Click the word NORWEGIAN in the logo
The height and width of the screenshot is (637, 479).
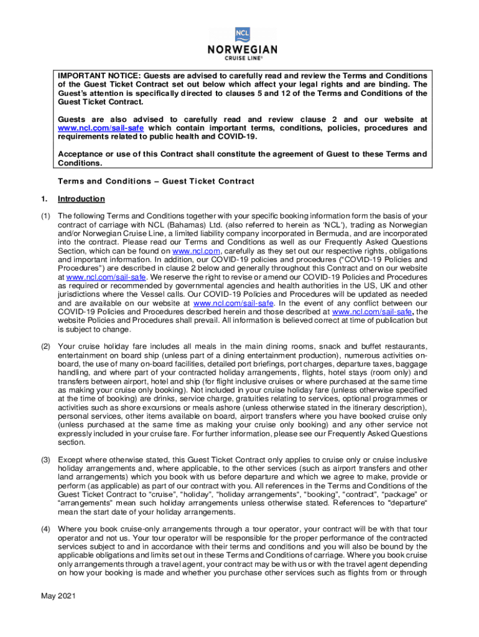coord(243,50)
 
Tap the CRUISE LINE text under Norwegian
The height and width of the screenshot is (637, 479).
coord(243,59)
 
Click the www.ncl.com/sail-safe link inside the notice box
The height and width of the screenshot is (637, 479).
coord(93,128)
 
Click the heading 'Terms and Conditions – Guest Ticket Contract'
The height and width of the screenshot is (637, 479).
coord(156,181)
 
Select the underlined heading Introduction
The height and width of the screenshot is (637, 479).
coord(81,199)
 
